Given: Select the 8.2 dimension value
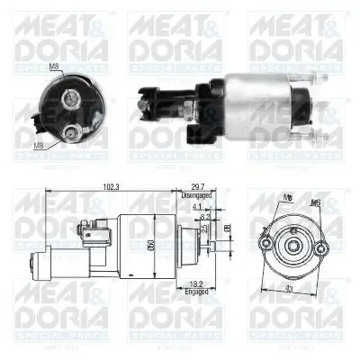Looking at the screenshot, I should coord(205,217).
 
